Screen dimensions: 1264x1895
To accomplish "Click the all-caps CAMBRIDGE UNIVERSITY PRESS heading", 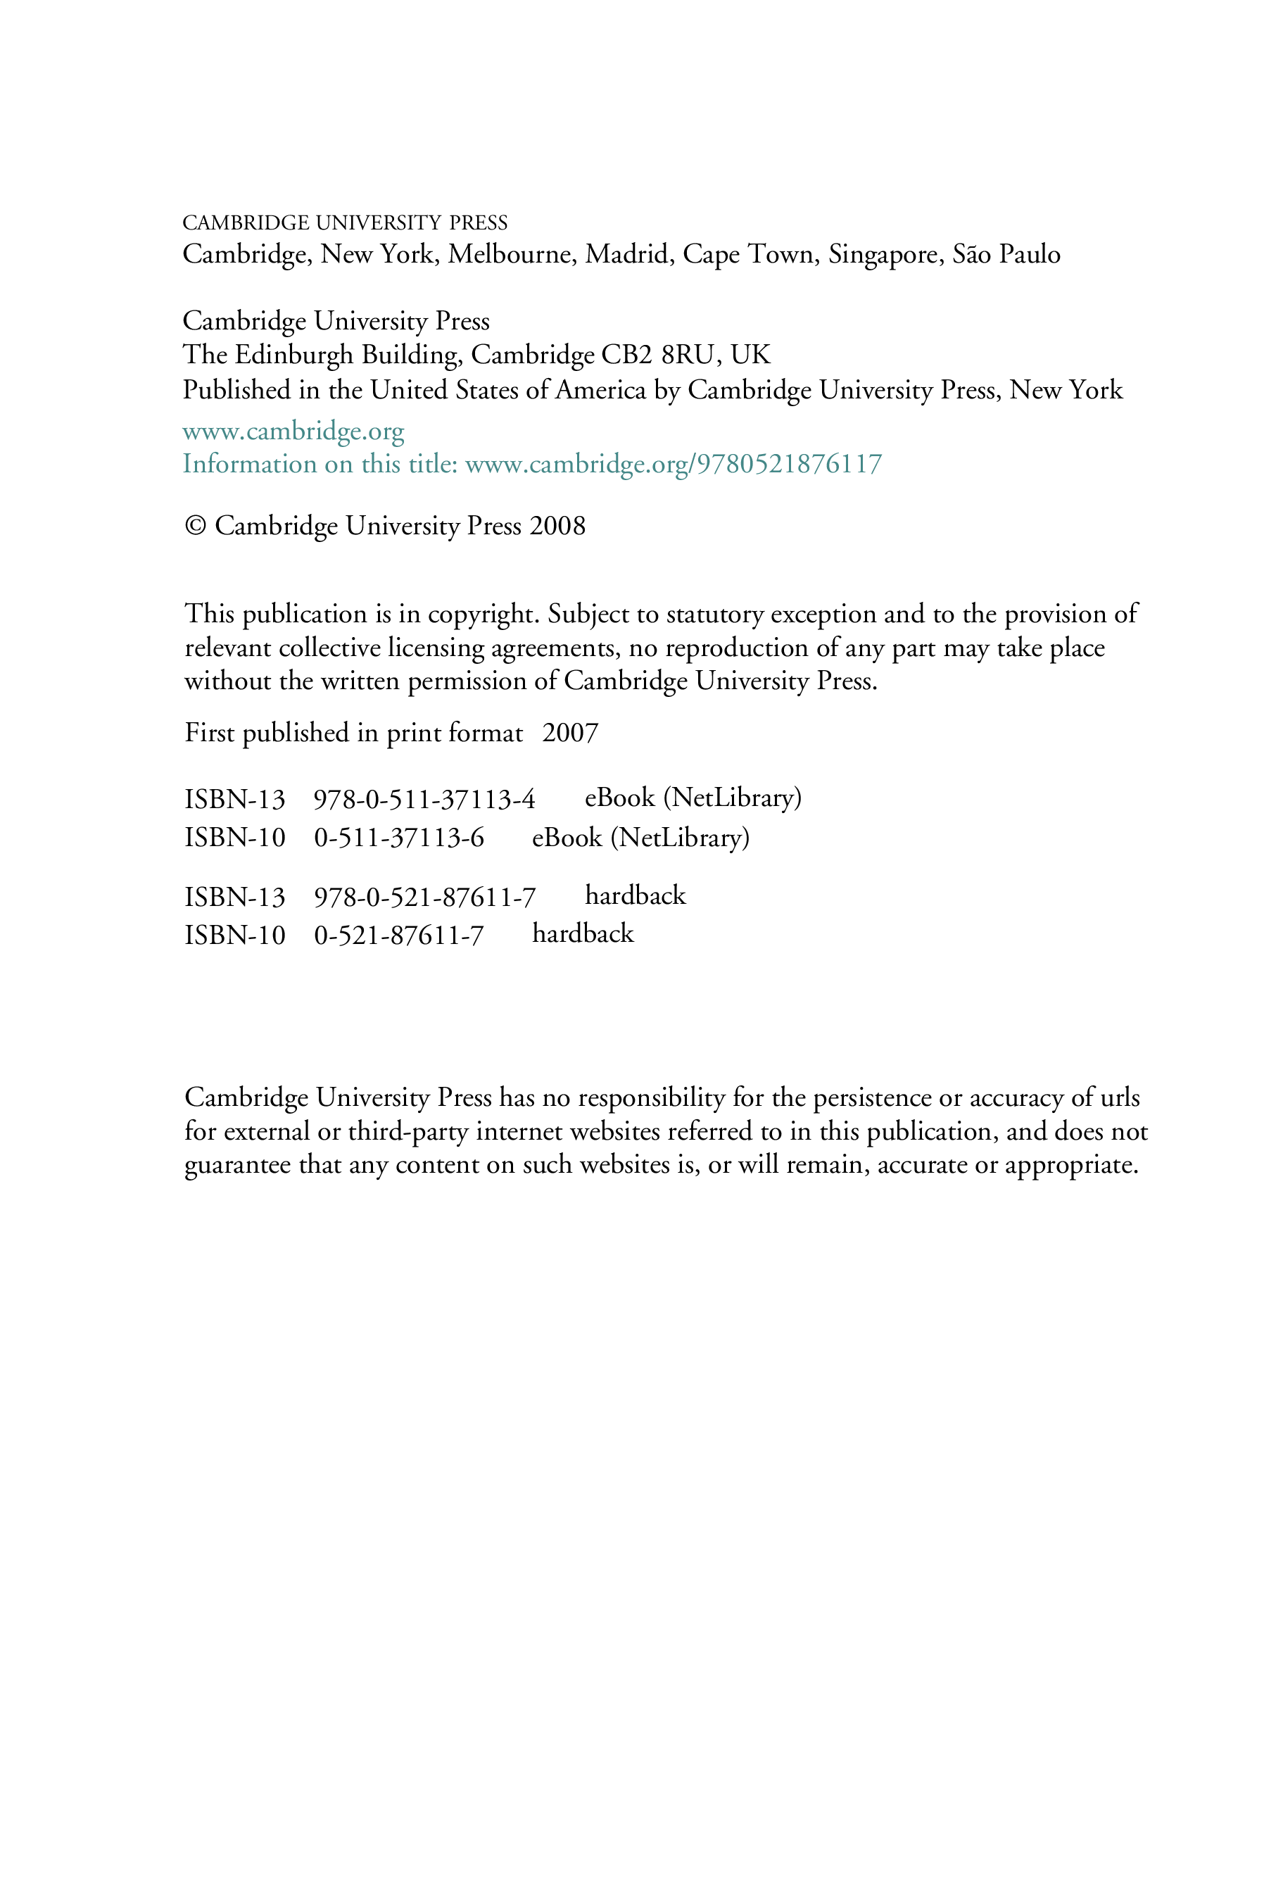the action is point(345,222).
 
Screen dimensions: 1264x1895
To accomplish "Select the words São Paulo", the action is point(1006,254).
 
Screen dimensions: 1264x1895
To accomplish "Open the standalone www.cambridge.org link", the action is point(293,432).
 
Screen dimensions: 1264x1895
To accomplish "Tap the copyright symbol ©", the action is point(195,526).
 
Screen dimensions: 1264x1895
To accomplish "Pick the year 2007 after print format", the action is point(570,733).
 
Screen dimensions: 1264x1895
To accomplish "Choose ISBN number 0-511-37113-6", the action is point(399,838).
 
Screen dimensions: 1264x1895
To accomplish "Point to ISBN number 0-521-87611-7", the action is point(399,935).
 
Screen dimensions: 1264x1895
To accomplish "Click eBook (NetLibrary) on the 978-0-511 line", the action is point(693,798).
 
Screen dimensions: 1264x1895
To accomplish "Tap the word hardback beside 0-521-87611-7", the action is point(583,933).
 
